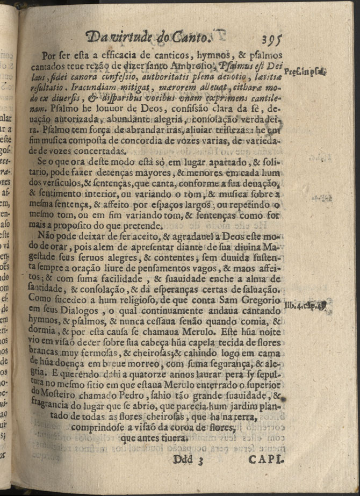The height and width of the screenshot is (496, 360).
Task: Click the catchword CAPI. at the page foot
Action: point(267,459)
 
